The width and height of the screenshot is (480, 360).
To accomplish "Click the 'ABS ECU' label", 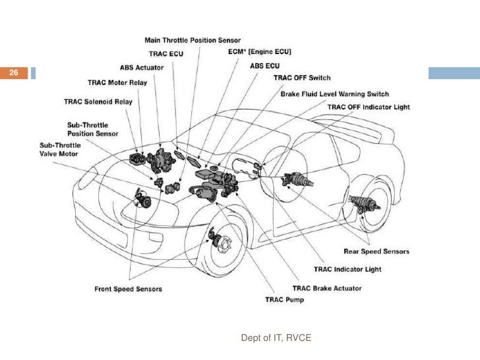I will (266, 66).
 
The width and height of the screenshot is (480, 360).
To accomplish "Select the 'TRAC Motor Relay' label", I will (118, 82).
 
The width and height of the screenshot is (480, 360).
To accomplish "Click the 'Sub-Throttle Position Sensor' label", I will (93, 129).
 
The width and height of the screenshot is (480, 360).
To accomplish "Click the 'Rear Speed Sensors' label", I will (376, 251).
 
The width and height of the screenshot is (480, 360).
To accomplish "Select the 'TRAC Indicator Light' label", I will (347, 269).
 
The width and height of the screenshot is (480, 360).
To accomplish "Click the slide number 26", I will (13, 73).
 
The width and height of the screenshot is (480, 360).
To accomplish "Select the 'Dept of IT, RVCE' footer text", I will (276, 338).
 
